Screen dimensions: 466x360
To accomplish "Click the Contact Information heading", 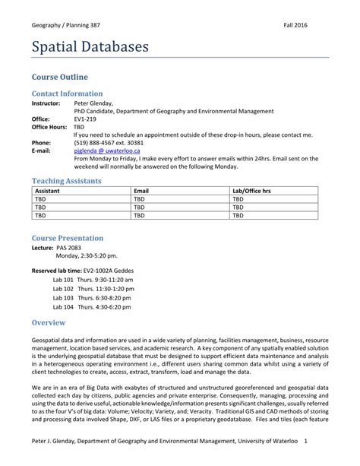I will click(71, 94).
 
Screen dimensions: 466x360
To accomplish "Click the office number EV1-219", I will click(85, 119).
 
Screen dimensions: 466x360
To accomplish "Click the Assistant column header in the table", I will click(48, 191).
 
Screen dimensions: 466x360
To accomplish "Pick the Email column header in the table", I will click(141, 191).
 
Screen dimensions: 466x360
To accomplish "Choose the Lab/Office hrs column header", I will click(251, 191).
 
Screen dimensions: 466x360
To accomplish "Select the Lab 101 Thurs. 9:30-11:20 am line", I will click(93, 280).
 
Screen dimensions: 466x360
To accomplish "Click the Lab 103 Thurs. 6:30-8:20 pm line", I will click(93, 298).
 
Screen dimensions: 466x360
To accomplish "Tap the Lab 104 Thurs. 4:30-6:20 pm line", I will click(93, 307).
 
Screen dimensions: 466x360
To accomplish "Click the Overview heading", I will click(49, 323).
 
